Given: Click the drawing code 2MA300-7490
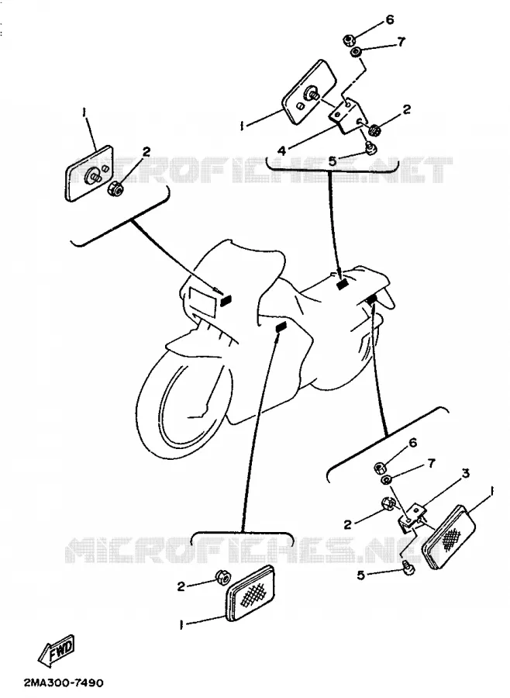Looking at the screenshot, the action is pyautogui.click(x=64, y=682).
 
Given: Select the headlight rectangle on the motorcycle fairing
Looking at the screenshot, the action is pyautogui.click(x=202, y=299).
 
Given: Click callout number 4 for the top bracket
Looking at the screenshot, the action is pyautogui.click(x=281, y=151).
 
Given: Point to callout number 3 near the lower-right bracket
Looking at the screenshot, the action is pyautogui.click(x=466, y=473).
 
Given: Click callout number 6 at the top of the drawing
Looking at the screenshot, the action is pyautogui.click(x=390, y=19).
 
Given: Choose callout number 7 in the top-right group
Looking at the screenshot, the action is pyautogui.click(x=401, y=42).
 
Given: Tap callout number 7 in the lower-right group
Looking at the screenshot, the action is pyautogui.click(x=431, y=464).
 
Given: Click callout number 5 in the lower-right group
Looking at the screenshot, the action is pyautogui.click(x=361, y=575).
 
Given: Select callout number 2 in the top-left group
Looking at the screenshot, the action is pyautogui.click(x=146, y=152).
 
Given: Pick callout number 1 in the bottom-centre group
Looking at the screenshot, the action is pyautogui.click(x=181, y=625).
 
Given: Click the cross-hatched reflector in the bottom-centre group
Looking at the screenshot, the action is pyautogui.click(x=250, y=594).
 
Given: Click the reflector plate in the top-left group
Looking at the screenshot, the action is pyautogui.click(x=89, y=173).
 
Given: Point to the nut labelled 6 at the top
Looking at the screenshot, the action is pyautogui.click(x=348, y=40).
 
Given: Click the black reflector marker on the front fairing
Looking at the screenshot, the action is pyautogui.click(x=226, y=302).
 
